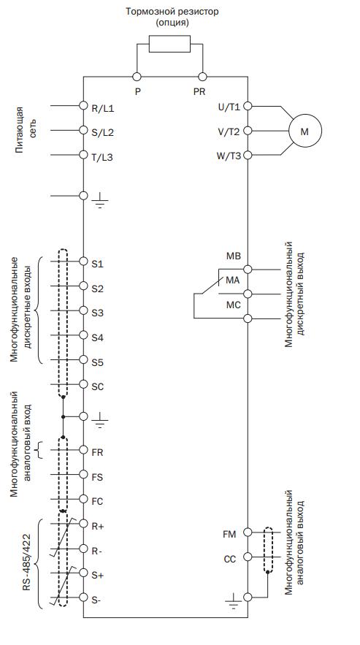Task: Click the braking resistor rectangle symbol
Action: click(x=169, y=44)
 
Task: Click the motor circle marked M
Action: click(x=305, y=131)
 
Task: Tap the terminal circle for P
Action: click(x=137, y=77)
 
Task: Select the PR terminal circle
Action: click(x=202, y=77)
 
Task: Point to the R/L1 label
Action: click(x=102, y=109)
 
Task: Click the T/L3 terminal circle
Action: click(x=83, y=155)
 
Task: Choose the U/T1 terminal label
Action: click(x=229, y=107)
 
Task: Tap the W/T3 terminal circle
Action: click(x=248, y=155)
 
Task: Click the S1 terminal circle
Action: click(x=83, y=262)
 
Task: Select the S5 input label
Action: click(x=98, y=363)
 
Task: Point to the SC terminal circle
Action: click(x=83, y=385)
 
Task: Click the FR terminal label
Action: click(x=98, y=452)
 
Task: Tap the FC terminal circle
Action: click(x=83, y=499)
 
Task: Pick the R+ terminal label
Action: click(x=98, y=525)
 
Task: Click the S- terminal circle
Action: click(x=83, y=597)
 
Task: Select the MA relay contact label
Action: click(x=232, y=280)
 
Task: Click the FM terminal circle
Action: click(x=248, y=532)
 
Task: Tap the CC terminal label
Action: click(x=230, y=560)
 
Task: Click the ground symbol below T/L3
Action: click(x=99, y=201)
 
